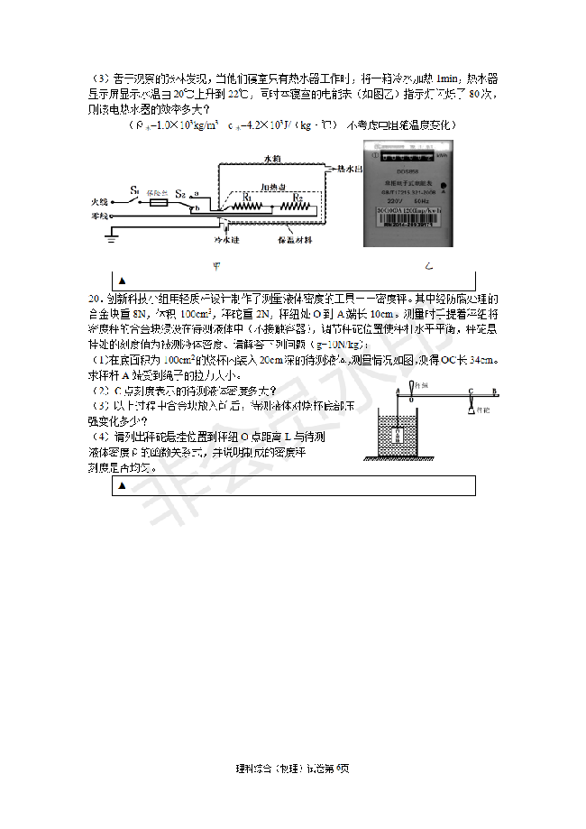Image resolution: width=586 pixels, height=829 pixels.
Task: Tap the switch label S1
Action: pos(133,190)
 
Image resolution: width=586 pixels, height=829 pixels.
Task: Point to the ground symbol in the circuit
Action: pos(112,236)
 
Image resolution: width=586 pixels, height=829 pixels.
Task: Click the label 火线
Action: pos(100,202)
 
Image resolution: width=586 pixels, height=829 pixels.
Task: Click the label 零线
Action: pos(100,216)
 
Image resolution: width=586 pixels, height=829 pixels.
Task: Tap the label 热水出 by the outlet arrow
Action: pos(349,168)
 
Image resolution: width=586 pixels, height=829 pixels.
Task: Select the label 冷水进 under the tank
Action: pos(226,241)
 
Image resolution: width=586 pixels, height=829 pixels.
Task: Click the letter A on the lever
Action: pos(398,390)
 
